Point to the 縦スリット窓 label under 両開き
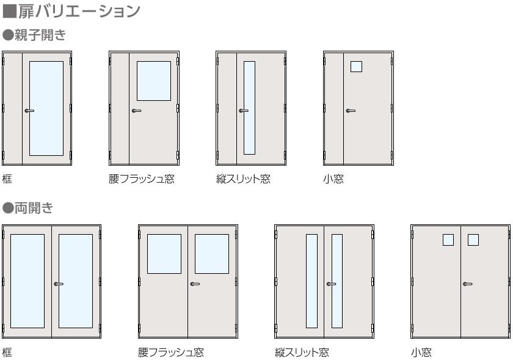click(302, 353)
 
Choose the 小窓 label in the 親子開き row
click(333, 179)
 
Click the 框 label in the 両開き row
click(7, 353)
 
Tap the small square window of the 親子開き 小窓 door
click(356, 67)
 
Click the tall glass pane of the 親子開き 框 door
click(46, 108)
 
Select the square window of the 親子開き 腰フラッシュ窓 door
click(153, 81)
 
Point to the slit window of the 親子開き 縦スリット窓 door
click(249, 108)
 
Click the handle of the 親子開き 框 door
click(29, 111)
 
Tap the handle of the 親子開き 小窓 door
click(350, 111)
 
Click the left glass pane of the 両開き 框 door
click(27, 281)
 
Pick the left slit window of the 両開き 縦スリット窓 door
click(311, 281)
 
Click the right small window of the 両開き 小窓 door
click(473, 240)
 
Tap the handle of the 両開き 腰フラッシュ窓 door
click(195, 284)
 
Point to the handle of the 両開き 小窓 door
click(467, 284)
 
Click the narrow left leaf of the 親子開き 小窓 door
click(333, 108)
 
